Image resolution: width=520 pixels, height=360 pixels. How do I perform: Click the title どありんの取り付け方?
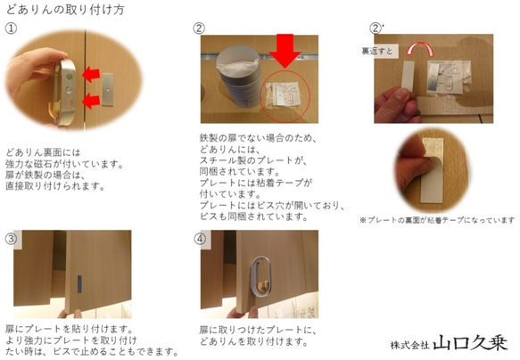coord(64,9)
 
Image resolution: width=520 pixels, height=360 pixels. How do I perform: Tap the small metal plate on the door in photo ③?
coord(83,284)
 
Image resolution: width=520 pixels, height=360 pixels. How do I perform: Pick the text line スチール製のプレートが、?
coord(241,160)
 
